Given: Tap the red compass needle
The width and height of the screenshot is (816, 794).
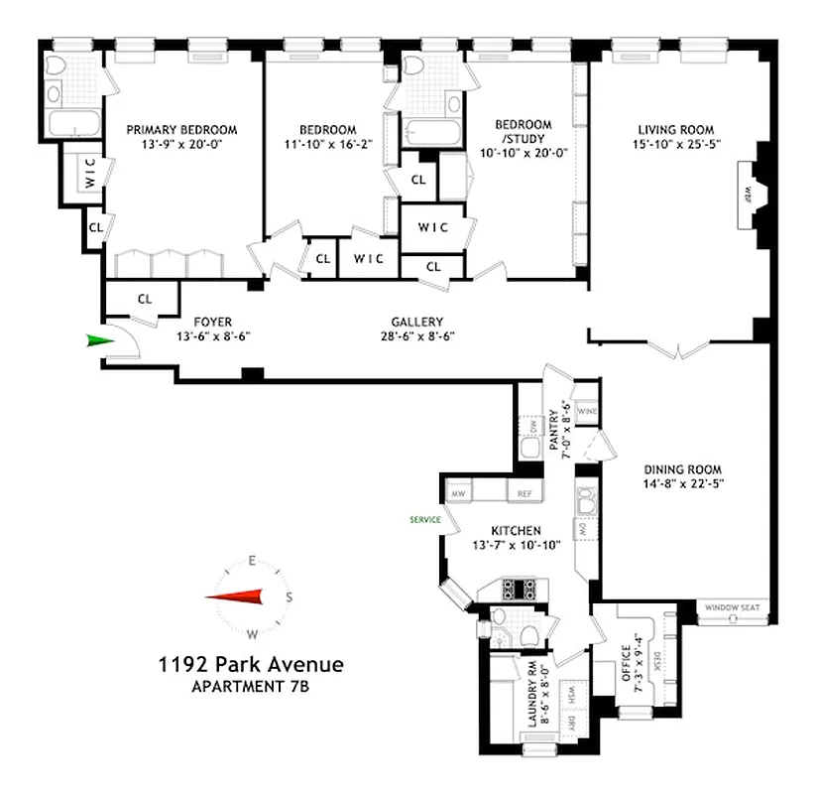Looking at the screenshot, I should point(235,596).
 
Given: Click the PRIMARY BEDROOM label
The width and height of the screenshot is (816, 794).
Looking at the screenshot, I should point(174,129).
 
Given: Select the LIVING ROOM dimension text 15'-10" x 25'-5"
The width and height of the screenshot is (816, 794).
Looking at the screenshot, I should point(675,146).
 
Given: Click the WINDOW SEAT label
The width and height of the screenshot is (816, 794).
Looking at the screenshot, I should point(730,607).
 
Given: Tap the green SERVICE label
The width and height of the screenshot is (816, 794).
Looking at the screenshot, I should point(423,519).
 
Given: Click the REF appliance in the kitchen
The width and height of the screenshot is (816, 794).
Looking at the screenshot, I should point(522,492).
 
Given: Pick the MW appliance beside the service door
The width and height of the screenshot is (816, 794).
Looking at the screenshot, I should point(459,492).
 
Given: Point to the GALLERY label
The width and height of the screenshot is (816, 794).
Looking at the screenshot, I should point(416,322).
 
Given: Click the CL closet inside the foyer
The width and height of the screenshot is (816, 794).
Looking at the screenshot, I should point(145,297).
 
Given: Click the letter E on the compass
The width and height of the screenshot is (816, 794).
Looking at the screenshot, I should point(253,561).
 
